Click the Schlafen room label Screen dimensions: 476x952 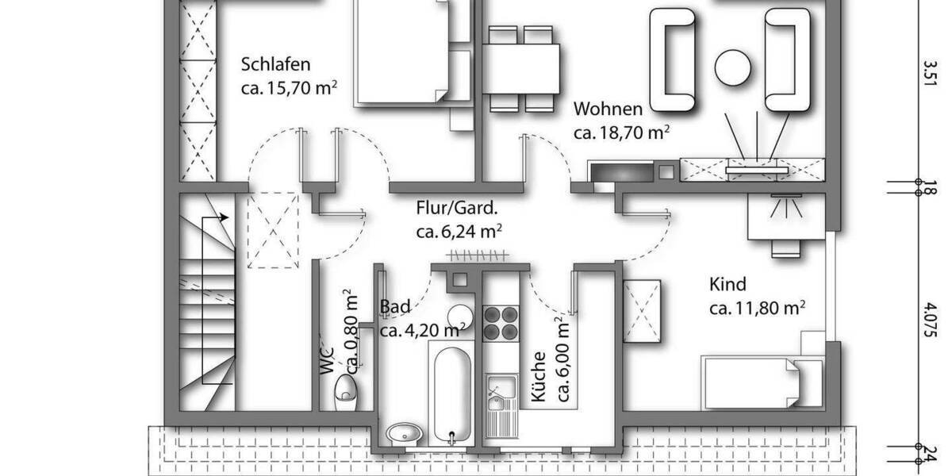click(275, 64)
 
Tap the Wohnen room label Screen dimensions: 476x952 click(608, 108)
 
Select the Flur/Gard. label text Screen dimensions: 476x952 click(458, 209)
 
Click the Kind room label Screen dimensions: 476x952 click(727, 284)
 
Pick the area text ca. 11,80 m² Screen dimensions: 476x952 click(758, 307)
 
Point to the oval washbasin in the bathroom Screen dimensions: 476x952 click(405, 433)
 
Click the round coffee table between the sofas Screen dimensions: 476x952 click(732, 68)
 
